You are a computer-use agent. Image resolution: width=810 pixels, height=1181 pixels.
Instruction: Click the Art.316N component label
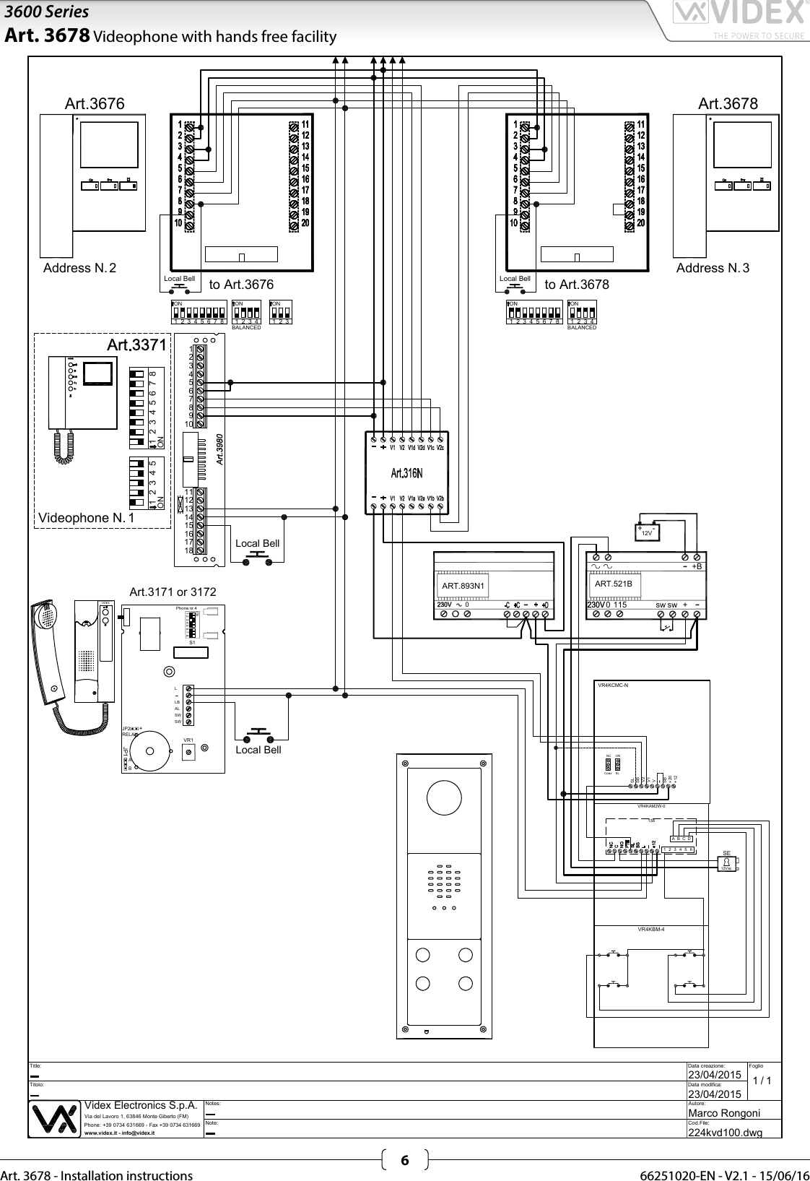[406, 474]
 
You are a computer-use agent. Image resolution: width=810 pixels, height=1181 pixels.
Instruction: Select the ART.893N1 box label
[463, 586]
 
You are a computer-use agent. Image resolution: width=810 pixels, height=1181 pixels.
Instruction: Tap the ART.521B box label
[613, 584]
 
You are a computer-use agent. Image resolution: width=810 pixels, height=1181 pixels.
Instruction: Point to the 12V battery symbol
[648, 532]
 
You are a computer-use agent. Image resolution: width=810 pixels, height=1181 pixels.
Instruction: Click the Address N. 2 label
[79, 268]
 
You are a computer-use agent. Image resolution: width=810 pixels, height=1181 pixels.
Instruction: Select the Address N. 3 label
[713, 268]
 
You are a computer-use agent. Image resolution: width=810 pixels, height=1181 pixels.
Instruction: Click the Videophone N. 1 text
[82, 518]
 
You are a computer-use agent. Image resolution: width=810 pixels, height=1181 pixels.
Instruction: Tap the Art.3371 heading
[136, 345]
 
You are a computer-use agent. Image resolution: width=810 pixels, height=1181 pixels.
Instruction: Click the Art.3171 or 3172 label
[173, 592]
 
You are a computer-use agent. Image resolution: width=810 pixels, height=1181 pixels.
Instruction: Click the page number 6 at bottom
[404, 1161]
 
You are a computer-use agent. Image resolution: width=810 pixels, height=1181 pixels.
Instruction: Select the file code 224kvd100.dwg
[725, 1132]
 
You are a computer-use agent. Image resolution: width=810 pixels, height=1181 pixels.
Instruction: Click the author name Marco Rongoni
[724, 1113]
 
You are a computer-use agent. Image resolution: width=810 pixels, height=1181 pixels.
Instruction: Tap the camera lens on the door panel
[444, 800]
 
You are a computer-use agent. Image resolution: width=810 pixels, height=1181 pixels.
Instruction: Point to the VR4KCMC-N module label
[614, 685]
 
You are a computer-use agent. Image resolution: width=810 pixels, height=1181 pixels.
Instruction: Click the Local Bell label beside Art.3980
[257, 543]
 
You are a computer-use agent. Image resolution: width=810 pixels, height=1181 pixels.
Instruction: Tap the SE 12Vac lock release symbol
[727, 862]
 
